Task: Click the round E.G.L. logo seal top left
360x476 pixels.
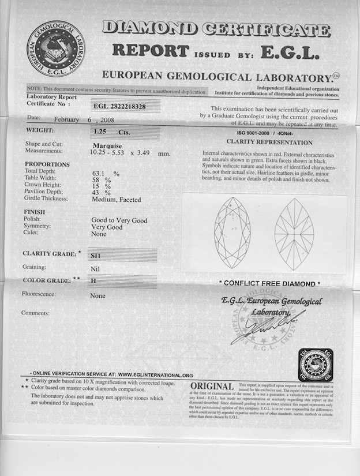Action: pos(56,48)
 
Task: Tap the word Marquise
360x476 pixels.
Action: pos(107,145)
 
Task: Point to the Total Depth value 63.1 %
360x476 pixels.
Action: pos(106,173)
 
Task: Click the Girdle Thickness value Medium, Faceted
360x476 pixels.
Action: pos(117,199)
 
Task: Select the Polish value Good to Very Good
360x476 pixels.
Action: pos(119,220)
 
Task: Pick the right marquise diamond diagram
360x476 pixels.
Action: pos(294,234)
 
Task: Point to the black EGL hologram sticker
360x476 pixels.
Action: pos(316,365)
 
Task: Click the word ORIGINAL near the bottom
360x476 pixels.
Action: pos(212,386)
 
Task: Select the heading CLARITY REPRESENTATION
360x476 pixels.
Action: pos(269,142)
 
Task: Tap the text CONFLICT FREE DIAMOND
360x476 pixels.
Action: pos(269,284)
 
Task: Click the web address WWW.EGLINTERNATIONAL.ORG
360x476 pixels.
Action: pos(156,375)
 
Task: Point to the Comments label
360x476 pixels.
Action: pos(35,313)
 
